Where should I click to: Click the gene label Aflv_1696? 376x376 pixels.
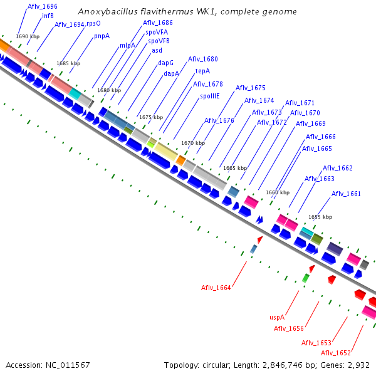pos(43,6)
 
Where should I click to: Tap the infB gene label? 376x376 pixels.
pos(48,16)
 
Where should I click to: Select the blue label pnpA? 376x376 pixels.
pos(102,36)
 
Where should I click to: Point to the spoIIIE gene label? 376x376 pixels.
pos(210,97)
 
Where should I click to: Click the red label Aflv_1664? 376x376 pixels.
pos(216,288)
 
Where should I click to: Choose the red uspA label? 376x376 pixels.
pos(277,317)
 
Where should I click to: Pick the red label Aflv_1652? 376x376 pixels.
pos(336,353)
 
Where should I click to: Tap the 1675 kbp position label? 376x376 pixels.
pos(151,117)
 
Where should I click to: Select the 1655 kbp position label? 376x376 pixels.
pos(320,217)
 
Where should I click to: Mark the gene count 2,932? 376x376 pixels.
pos(358,365)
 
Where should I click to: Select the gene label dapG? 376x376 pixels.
pos(165,63)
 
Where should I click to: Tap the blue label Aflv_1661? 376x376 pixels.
pos(346,194)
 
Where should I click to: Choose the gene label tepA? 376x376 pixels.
pos(202,71)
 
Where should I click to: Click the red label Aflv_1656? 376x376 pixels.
pos(289,328)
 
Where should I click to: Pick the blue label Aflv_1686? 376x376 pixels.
pos(158,23)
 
